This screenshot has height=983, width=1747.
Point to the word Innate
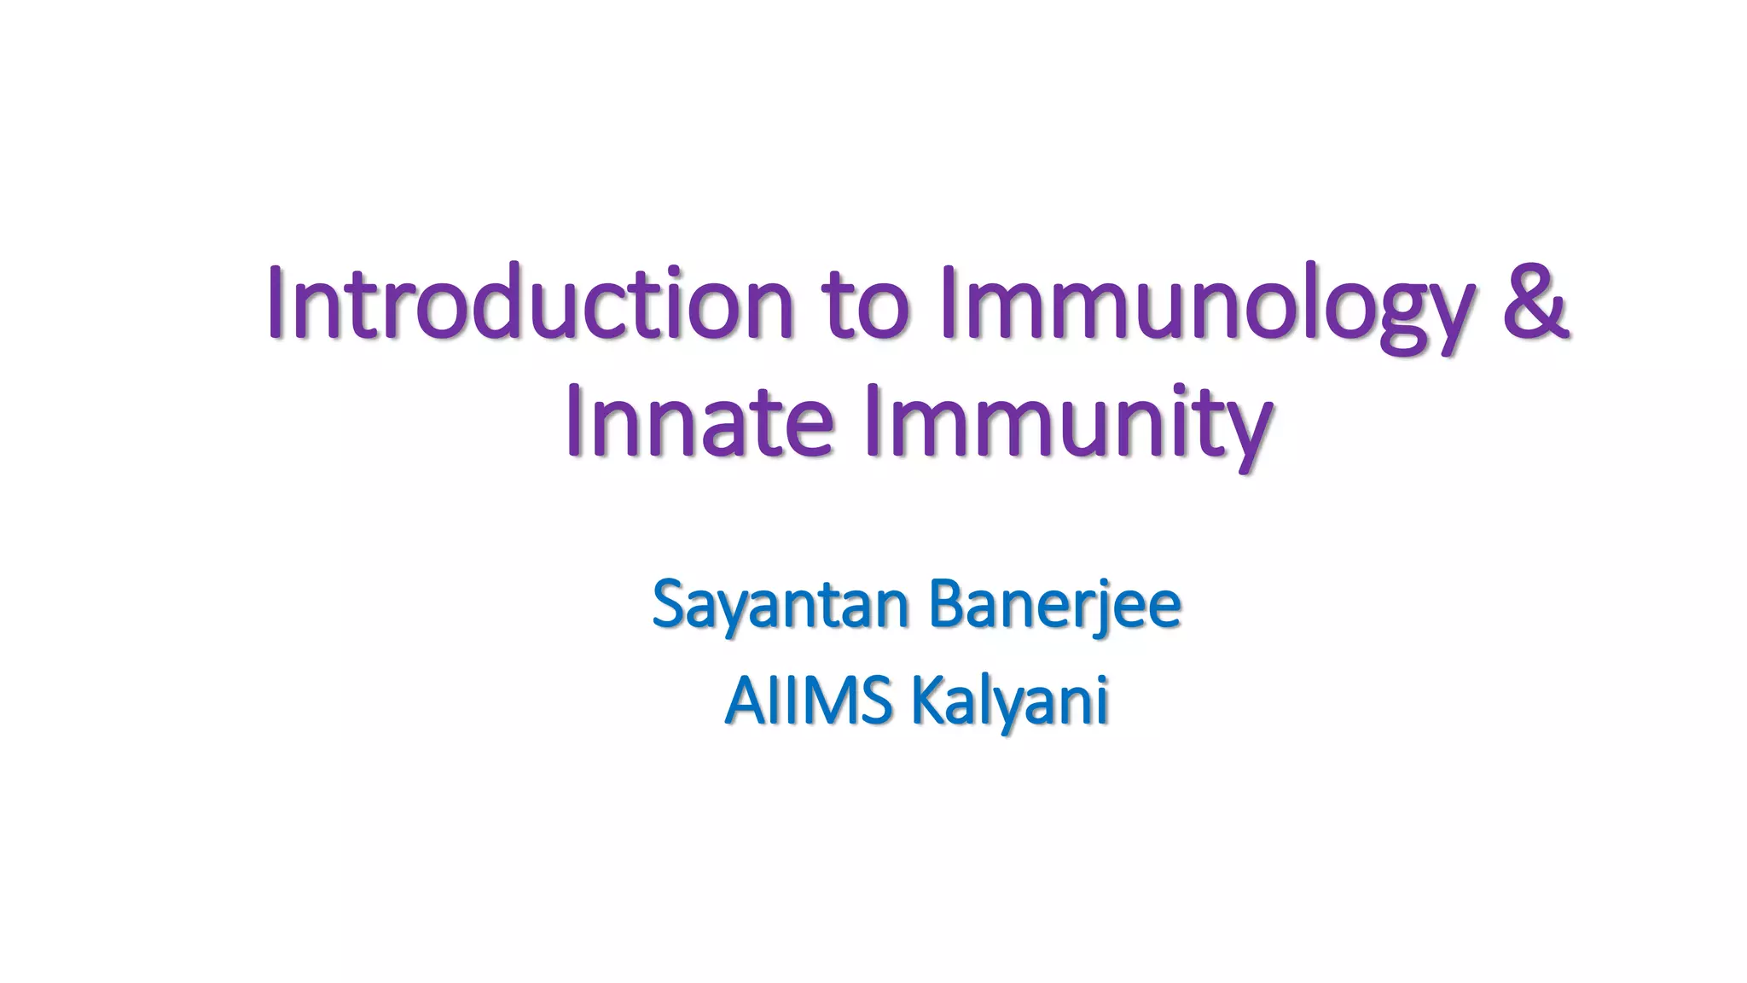tap(699, 420)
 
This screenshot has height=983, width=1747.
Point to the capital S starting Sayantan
tap(670, 602)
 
